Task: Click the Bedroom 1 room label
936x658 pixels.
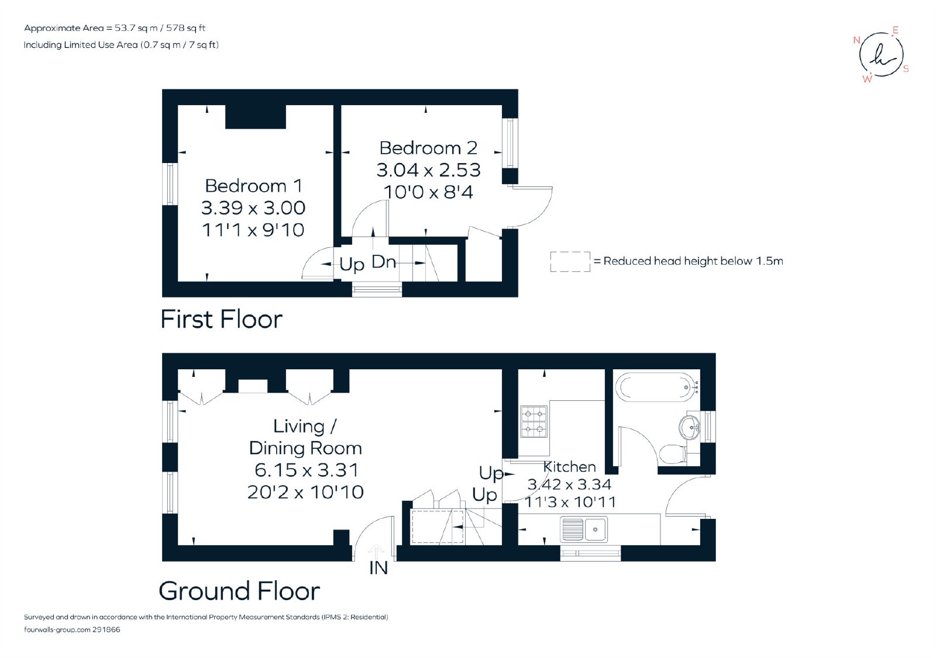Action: pos(254,186)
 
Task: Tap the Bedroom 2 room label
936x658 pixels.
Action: pos(428,148)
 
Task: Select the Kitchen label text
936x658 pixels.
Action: pos(570,467)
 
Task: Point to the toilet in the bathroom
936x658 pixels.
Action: pos(673,454)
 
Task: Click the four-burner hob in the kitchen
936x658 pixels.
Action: pos(534,422)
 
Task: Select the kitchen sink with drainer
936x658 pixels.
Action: pos(584,529)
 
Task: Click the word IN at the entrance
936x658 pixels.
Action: pos(378,568)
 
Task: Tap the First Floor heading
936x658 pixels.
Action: pos(222,320)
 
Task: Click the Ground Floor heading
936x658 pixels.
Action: pos(239,591)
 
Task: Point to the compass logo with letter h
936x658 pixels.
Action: pos(881,55)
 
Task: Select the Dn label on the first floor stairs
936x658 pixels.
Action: pos(384,262)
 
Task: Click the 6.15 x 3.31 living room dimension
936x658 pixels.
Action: pos(307,470)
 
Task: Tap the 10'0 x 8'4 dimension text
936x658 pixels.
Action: pos(428,192)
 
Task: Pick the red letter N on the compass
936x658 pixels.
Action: pos(856,40)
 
